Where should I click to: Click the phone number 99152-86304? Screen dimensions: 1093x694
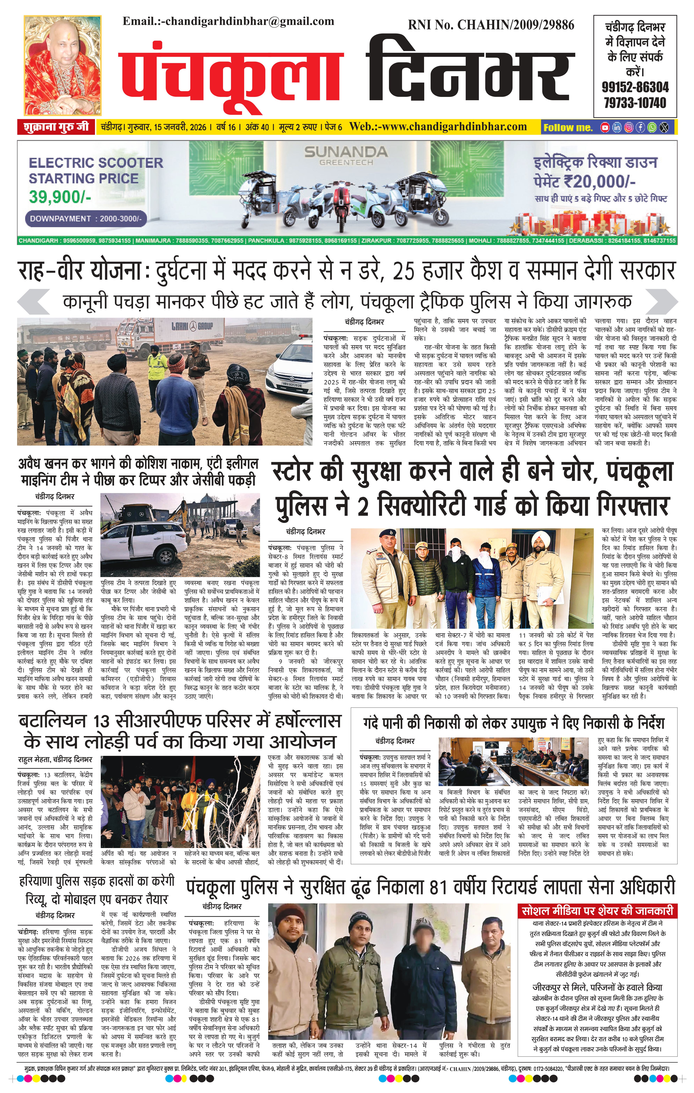point(635,87)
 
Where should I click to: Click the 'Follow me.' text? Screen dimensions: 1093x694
point(568,128)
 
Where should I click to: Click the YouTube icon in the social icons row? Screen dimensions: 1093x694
point(605,128)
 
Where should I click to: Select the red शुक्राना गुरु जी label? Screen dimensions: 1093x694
point(54,127)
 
